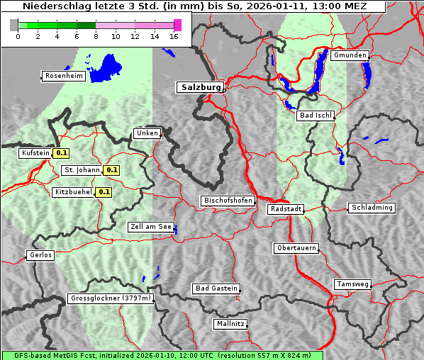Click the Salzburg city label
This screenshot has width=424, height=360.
[x=200, y=87]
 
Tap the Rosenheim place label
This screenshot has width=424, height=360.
[x=64, y=76]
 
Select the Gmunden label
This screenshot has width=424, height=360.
[x=349, y=55]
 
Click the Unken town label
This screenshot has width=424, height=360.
[x=147, y=133]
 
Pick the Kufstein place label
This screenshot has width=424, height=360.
[x=35, y=152]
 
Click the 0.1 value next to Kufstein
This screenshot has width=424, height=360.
[x=62, y=152]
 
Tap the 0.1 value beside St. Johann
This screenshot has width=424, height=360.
[x=112, y=170]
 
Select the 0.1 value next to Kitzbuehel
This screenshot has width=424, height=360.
[x=104, y=192]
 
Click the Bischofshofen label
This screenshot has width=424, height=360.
[x=228, y=201]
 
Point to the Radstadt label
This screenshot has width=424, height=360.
[x=286, y=209]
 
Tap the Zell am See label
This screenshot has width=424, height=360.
[x=151, y=227]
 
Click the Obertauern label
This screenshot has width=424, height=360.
[x=296, y=248]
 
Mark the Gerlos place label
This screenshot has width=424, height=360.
[x=40, y=255]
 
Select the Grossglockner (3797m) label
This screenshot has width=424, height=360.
[x=111, y=298]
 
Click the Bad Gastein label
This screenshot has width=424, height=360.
[x=216, y=288]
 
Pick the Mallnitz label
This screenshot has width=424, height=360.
[x=230, y=324]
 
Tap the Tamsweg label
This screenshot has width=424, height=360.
[x=352, y=284]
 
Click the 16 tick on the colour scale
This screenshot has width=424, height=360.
[x=174, y=36]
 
